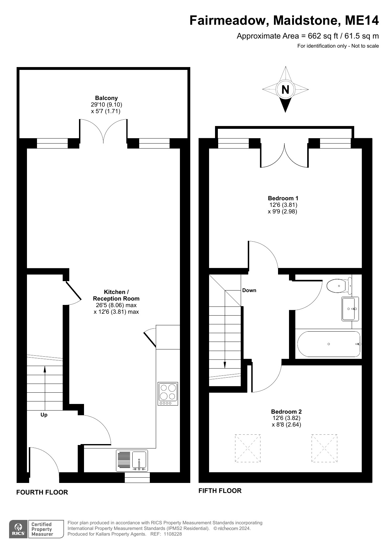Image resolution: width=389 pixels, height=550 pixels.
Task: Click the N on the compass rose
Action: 285,90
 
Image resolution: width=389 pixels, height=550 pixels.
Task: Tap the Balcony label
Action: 106,98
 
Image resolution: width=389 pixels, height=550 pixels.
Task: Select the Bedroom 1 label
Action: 283,198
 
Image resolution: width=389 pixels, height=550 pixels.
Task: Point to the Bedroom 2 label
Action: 286,411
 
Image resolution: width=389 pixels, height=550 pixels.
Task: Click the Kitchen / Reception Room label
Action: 116,295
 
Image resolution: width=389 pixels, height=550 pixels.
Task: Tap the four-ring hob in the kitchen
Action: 168,394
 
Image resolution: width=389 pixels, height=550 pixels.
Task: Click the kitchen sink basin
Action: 139,460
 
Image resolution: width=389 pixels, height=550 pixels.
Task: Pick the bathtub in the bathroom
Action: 329,344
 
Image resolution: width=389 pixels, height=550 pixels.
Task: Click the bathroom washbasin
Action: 349,309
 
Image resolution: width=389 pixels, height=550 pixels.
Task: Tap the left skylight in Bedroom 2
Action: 248,448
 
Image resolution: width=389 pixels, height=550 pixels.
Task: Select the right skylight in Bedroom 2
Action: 324,448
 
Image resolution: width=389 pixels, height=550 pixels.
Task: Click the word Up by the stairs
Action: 44,415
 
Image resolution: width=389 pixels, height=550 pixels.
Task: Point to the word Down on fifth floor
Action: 249,291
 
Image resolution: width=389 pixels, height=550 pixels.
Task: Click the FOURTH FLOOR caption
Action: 42,492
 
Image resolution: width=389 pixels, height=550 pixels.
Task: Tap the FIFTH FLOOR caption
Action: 220,491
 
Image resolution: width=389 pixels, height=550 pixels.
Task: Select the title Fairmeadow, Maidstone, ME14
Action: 284,21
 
